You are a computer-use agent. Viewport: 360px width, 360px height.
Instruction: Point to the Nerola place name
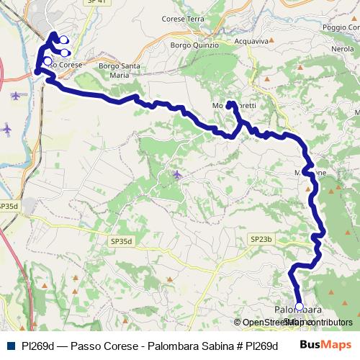343,48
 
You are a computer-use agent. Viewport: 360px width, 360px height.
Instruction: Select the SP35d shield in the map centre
122,242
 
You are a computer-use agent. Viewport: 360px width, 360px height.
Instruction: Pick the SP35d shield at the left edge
8,206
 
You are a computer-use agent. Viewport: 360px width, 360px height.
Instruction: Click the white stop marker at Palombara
300,306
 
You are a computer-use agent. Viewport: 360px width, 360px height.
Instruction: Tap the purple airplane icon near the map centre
177,174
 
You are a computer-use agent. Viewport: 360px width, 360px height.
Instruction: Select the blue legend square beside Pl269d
9,346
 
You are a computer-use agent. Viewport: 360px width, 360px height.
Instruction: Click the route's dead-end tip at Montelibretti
229,104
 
